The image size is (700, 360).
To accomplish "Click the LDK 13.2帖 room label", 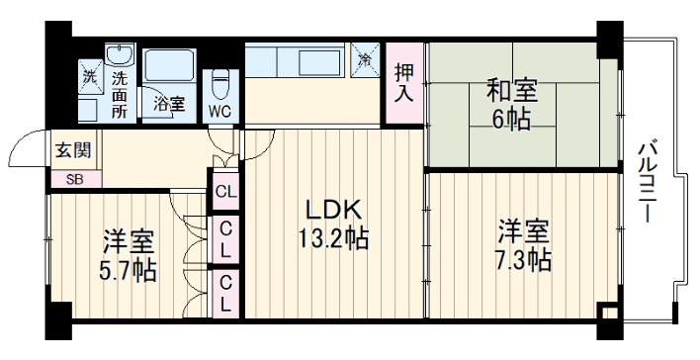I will [x=335, y=225].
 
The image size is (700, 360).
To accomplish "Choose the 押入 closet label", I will [x=403, y=83].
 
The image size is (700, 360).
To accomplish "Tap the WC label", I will [x=219, y=111].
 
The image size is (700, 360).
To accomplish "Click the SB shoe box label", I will [x=75, y=179].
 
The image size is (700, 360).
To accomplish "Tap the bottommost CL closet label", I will [x=225, y=293].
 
